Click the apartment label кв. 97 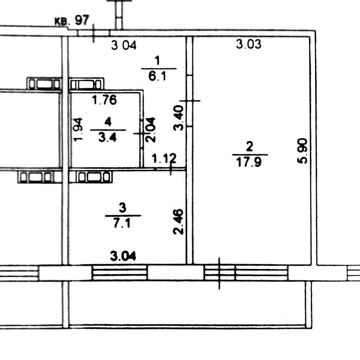pos(72,21)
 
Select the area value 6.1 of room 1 pos(159,76)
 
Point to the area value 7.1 pos(123,224)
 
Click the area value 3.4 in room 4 pos(108,137)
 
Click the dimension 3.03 pos(248,45)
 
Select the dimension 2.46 pos(179,222)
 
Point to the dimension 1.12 pos(164,159)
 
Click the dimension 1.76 pos(105,100)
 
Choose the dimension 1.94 pos(78,129)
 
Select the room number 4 pos(108,121)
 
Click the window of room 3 pos(120,273)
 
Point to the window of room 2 pos(246,273)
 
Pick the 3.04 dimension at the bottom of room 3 pos(123,256)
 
